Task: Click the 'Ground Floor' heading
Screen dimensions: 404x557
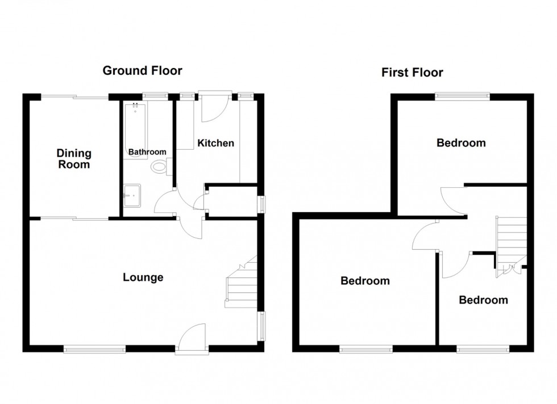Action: (x=142, y=71)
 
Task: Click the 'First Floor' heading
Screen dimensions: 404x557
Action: (x=412, y=73)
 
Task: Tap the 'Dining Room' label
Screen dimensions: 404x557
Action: (x=73, y=159)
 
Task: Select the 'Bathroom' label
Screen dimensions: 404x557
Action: (x=147, y=152)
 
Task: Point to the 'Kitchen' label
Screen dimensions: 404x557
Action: (x=215, y=143)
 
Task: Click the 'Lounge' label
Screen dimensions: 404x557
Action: (x=143, y=277)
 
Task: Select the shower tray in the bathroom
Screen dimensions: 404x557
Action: (x=132, y=196)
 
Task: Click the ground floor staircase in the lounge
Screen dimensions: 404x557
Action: (x=242, y=284)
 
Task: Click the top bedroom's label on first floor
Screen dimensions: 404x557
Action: (x=461, y=143)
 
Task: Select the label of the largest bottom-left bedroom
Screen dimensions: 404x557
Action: (x=365, y=281)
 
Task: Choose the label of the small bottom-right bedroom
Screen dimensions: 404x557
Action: (x=483, y=300)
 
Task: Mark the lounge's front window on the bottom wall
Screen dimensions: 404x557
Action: (x=94, y=349)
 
